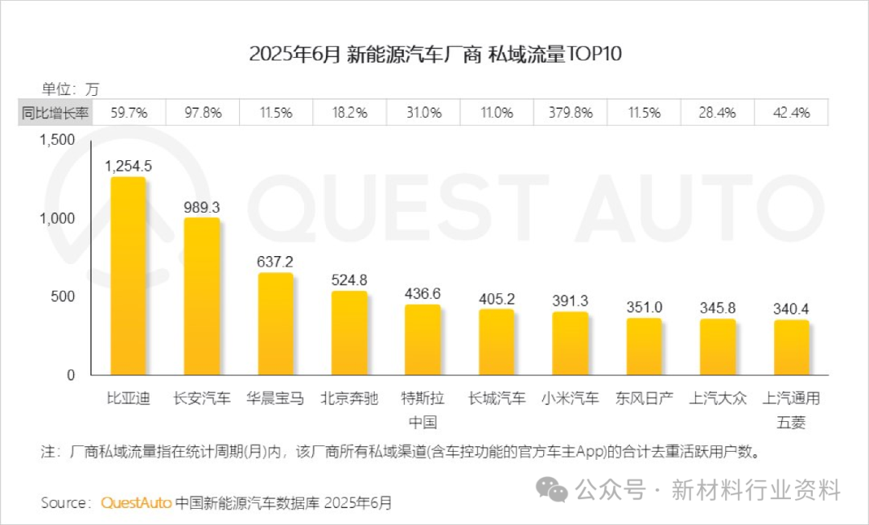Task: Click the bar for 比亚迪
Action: (x=128, y=276)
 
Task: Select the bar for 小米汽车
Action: (x=570, y=343)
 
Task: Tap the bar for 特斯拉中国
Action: (x=422, y=339)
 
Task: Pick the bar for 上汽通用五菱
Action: (x=792, y=347)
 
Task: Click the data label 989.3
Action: (x=201, y=207)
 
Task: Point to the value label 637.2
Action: (x=275, y=262)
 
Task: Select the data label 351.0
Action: (x=644, y=307)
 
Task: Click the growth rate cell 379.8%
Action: (x=570, y=113)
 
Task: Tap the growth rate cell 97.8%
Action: (x=202, y=113)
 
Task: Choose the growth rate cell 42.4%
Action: (x=791, y=113)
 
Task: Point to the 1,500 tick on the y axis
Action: (x=56, y=140)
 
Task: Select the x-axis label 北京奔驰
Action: (x=349, y=398)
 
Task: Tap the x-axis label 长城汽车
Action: (x=496, y=398)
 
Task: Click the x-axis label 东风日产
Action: (x=644, y=398)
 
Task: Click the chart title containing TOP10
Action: (x=435, y=54)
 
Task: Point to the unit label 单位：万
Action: (x=70, y=89)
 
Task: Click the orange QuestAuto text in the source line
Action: (x=136, y=502)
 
